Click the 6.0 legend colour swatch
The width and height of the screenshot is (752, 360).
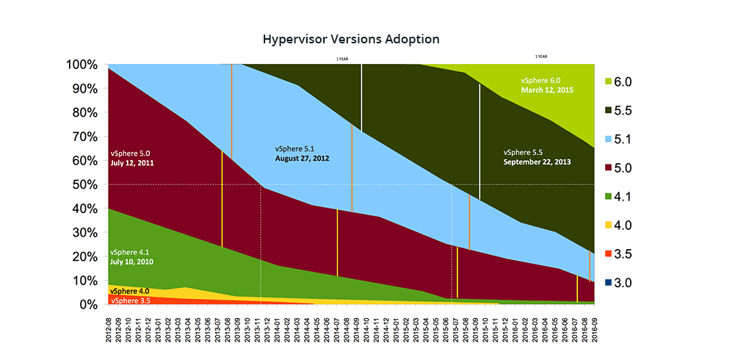point(609,82)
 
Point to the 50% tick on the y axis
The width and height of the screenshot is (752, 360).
point(83,184)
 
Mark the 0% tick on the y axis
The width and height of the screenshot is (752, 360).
point(87,304)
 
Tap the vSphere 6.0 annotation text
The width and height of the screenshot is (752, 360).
point(540,80)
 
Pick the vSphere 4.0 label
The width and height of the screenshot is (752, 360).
point(129,291)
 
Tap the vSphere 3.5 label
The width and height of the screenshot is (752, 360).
point(129,300)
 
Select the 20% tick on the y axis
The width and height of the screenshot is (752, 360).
point(83,256)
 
